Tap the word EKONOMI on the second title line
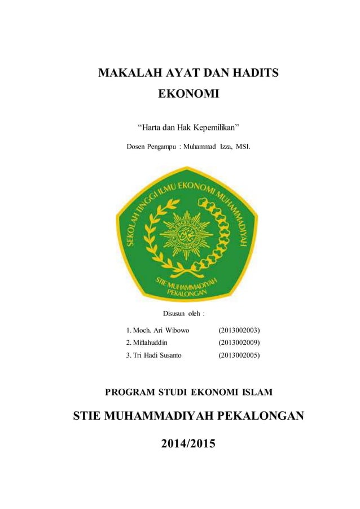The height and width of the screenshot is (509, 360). (188, 94)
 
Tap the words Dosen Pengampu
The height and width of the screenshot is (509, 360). (150, 147)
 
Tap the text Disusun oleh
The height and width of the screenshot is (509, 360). (183, 313)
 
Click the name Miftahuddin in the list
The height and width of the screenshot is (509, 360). (146, 342)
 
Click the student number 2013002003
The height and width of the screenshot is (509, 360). (239, 330)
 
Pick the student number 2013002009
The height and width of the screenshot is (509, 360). (239, 342)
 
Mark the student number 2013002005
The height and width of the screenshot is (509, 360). (239, 355)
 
